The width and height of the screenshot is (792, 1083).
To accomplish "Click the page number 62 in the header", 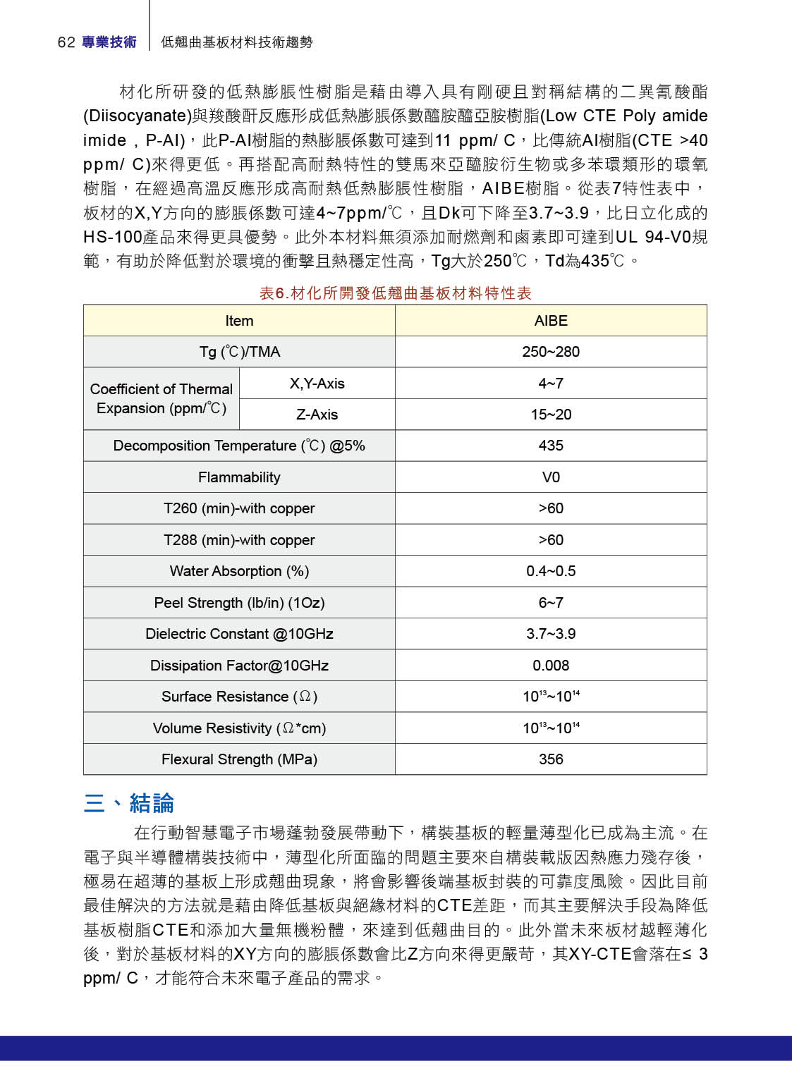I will coord(66,42).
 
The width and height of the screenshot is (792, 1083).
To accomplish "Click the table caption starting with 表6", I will coord(395,293).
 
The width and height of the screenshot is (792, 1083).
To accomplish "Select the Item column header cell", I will coord(239,321).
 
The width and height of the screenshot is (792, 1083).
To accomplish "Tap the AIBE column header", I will coord(551,321).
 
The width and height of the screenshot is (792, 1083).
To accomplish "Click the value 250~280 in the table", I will coord(551,352).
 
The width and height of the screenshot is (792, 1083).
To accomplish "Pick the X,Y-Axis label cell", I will coord(317,384).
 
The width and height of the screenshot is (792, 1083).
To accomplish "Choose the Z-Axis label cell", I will coord(317,415).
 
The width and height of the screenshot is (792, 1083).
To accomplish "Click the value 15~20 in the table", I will coord(551,415).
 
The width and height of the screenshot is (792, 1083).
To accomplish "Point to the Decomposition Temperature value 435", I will coord(551,446).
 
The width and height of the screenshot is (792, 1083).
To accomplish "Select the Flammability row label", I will coord(239,477).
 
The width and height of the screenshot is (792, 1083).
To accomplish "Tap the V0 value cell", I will coord(551,477).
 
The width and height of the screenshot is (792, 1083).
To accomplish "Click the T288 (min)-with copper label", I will coord(239,540).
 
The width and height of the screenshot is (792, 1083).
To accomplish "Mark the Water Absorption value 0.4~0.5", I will coord(551,571).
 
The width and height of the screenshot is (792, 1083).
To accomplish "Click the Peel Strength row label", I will coord(239,603).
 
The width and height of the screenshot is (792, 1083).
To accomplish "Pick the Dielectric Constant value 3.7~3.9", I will coord(551,634).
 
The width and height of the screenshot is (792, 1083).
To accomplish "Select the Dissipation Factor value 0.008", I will coord(551,666).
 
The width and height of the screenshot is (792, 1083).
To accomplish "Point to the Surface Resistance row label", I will coord(239,697).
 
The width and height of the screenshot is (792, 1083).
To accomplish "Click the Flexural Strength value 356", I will coord(551,759).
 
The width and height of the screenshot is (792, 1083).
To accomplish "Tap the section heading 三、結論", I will coord(128,803).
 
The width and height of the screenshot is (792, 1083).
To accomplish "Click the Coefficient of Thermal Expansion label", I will coord(162,398).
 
